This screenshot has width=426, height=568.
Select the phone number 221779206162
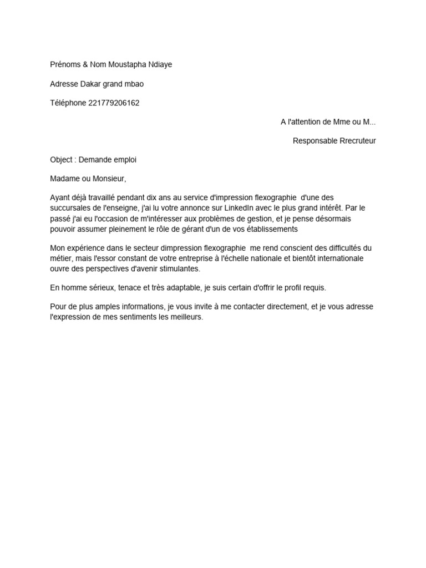pyautogui.click(x=114, y=103)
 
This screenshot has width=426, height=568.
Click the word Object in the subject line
pyautogui.click(x=61, y=160)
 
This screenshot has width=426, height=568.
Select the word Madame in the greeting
pyautogui.click(x=64, y=179)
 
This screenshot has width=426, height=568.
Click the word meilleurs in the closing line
pyautogui.click(x=187, y=317)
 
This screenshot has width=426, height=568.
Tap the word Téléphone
pyautogui.click(x=68, y=103)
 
